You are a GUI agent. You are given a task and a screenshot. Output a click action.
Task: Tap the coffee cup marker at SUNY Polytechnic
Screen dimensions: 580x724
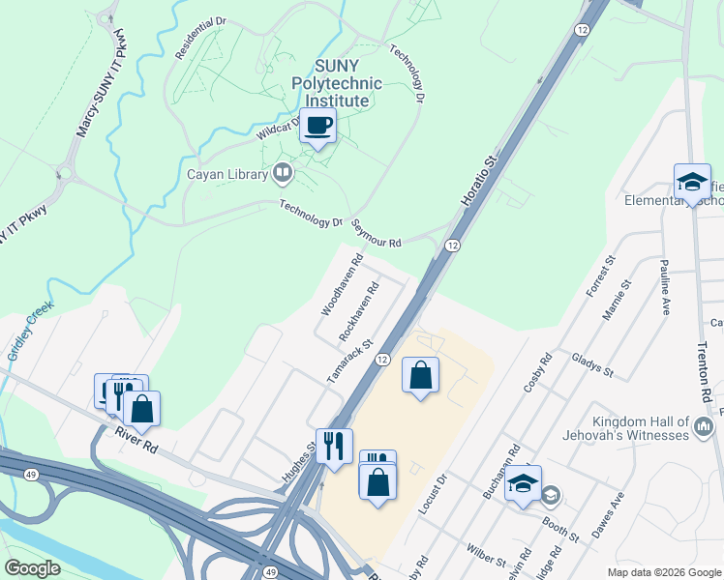317,126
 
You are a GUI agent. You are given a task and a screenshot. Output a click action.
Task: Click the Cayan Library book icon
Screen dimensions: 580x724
283,174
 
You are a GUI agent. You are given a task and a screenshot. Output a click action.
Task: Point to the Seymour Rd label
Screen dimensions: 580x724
376,237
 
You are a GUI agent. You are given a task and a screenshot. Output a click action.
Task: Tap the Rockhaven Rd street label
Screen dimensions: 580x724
357,310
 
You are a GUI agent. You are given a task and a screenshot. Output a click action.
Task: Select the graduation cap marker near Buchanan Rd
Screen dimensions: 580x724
524,483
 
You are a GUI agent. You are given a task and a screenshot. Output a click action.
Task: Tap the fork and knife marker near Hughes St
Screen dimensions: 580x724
334,446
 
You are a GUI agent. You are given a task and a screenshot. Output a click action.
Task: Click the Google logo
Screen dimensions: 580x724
32,568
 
